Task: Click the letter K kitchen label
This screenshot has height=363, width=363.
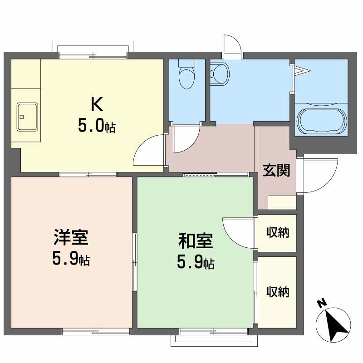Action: pos(97,104)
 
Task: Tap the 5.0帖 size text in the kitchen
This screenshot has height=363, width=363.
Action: pos(97,126)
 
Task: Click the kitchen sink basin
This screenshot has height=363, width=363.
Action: pos(27,117)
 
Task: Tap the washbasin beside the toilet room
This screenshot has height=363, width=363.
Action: pos(220,74)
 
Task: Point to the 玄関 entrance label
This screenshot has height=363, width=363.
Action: pos(276,171)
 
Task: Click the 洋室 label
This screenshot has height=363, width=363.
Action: pos(71,237)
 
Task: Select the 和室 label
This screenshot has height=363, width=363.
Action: pos(196,241)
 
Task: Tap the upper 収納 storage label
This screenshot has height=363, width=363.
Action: pos(278,232)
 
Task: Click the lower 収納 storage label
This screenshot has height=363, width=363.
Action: pos(278,292)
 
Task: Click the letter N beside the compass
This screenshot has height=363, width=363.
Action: pos(322,303)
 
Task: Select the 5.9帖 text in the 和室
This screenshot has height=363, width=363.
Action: pos(196,262)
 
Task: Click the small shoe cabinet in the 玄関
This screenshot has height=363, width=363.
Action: pos(282,202)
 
